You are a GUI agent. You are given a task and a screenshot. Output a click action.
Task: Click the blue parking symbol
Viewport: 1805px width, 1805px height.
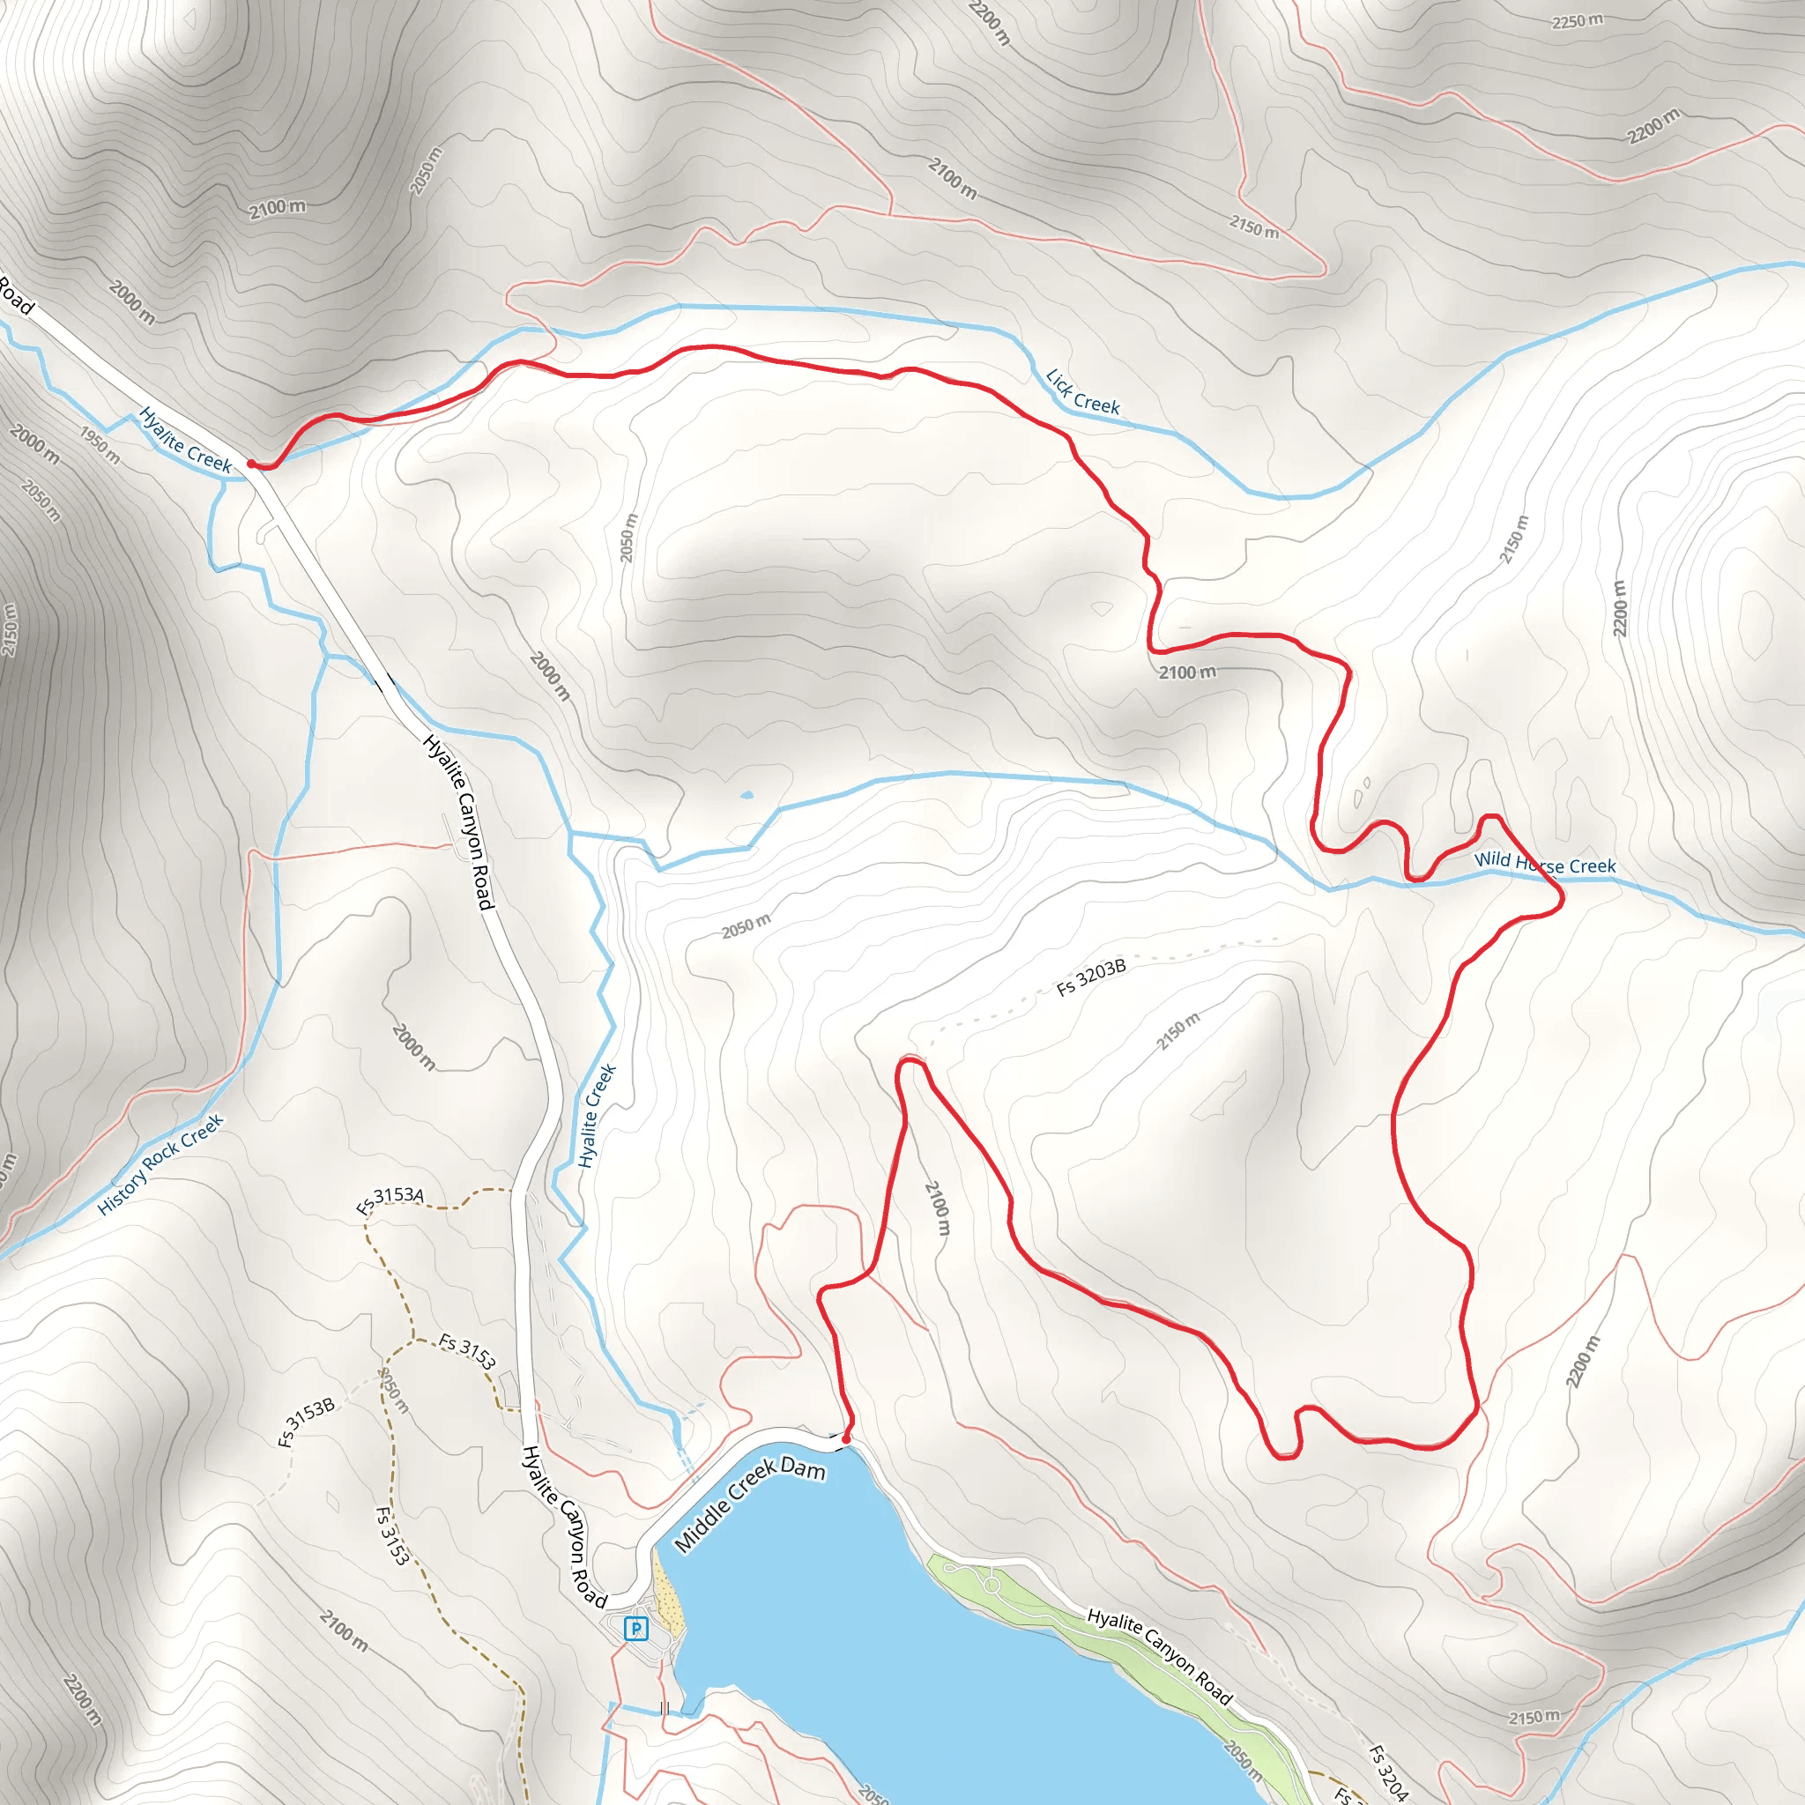click(636, 1629)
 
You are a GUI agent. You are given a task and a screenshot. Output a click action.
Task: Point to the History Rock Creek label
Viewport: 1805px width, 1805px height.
click(160, 1164)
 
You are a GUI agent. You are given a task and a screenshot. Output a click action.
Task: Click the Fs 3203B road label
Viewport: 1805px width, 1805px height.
click(1091, 977)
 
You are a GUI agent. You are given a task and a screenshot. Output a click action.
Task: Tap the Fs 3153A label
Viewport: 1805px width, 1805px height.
click(390, 1200)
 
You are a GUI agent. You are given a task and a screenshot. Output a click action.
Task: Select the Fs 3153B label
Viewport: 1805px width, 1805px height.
click(307, 1422)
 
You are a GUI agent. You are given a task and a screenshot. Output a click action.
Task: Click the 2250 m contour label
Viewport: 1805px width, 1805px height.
click(1577, 21)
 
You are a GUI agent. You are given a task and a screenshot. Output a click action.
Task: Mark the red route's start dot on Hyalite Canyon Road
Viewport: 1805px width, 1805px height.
click(251, 464)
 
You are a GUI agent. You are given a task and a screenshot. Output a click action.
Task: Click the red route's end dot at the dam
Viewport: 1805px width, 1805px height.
click(846, 1440)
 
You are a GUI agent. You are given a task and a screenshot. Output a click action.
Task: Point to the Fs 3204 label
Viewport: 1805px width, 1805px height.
click(1387, 1772)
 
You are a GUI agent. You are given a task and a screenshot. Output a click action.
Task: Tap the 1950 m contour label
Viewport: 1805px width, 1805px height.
click(99, 445)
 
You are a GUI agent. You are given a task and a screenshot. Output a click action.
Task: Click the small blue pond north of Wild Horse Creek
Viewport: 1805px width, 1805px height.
click(747, 796)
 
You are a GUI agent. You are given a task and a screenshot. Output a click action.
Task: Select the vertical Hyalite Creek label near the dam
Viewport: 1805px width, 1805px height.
click(598, 1116)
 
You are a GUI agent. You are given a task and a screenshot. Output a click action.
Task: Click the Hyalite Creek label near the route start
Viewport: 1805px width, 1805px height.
click(185, 439)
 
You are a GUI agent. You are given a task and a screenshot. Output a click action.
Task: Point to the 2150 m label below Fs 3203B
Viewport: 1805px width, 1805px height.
click(1178, 1030)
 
